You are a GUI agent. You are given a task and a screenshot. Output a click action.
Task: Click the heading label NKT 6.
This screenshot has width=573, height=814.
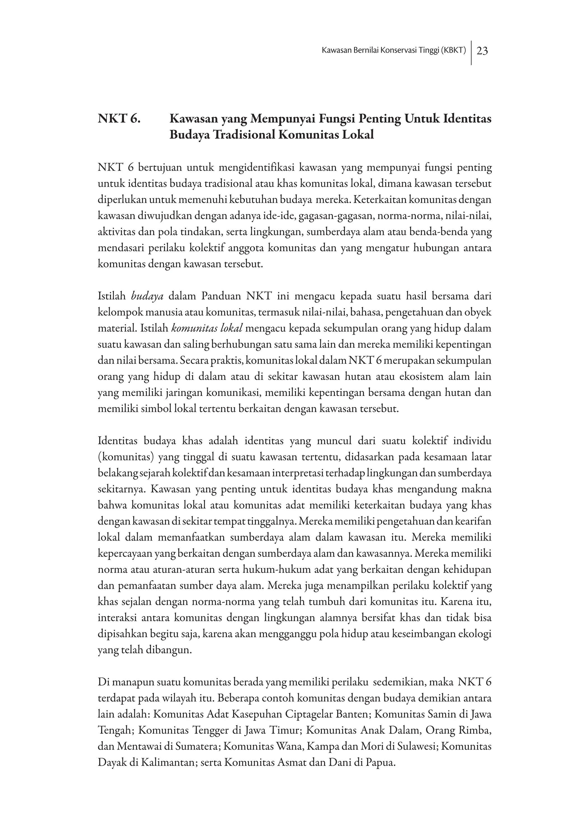point(119,119)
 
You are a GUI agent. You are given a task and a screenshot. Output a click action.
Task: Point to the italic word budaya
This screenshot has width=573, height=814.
point(147,296)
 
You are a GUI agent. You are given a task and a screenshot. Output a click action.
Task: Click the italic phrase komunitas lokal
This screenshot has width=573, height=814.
point(207,328)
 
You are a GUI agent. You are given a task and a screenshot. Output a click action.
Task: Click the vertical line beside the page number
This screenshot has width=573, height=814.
point(471,53)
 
